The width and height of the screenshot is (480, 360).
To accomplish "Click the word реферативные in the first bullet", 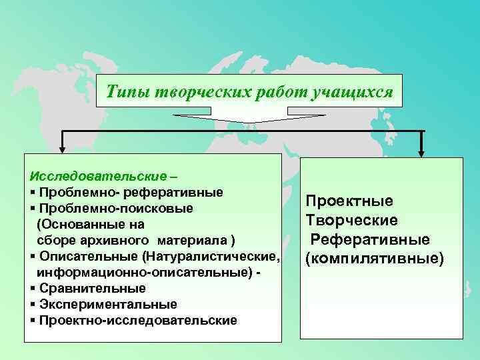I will [181, 193].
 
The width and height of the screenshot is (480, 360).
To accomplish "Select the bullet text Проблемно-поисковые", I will [116, 209].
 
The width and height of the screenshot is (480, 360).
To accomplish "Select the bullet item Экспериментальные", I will [108, 304].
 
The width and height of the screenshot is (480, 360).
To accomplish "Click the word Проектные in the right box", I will [349, 201].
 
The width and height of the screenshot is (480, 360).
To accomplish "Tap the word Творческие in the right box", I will [351, 220].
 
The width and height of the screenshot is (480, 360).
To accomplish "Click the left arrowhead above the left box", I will [62, 150].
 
